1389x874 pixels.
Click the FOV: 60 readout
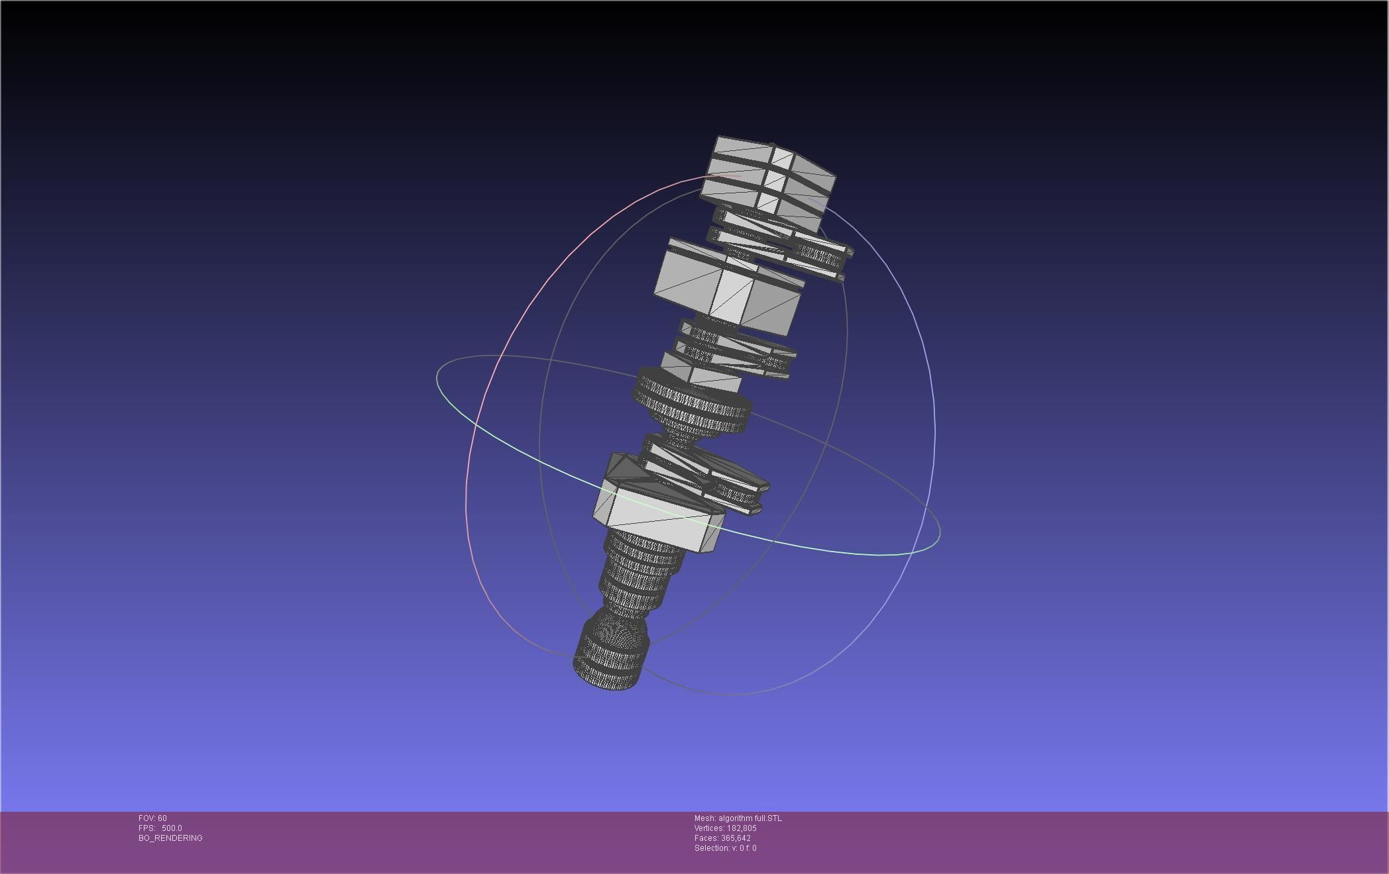pyautogui.click(x=152, y=818)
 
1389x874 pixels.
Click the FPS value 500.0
pyautogui.click(x=172, y=828)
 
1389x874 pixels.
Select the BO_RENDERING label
pyautogui.click(x=170, y=838)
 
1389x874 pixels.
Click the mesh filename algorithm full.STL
pyautogui.click(x=750, y=818)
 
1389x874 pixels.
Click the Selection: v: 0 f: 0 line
pyautogui.click(x=725, y=848)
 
